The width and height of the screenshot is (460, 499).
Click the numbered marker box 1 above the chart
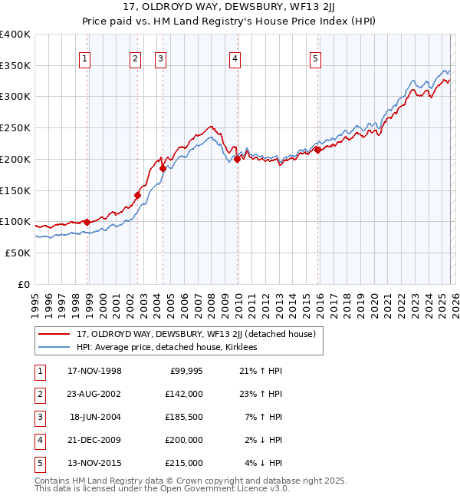pyautogui.click(x=84, y=58)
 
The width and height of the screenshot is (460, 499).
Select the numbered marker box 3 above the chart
pyautogui.click(x=160, y=58)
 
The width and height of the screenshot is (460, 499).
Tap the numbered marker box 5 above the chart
pyautogui.click(x=316, y=58)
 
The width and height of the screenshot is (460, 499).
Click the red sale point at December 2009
pyautogui.click(x=238, y=159)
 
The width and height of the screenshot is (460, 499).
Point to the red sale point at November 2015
pyautogui.click(x=317, y=150)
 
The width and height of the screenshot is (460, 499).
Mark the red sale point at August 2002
pyautogui.click(x=138, y=195)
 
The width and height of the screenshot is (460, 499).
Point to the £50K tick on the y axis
pyautogui.click(x=18, y=253)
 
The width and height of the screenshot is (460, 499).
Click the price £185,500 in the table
pyautogui.click(x=185, y=417)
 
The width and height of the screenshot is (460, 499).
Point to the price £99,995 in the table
pyautogui.click(x=187, y=371)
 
